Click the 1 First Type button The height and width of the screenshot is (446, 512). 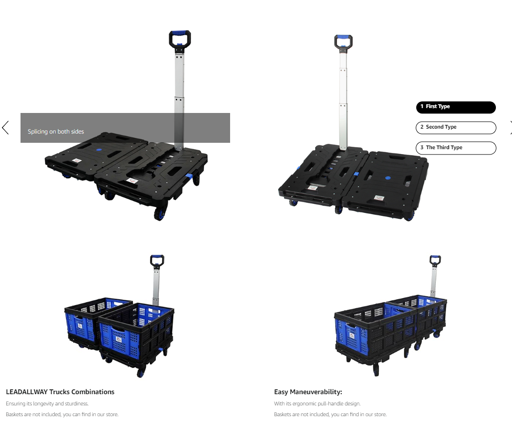pos(456,107)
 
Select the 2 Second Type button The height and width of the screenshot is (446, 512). pos(456,128)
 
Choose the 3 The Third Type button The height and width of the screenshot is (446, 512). pos(456,148)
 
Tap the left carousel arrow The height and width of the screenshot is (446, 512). pos(5,128)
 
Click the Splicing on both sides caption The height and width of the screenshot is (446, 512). pos(56,132)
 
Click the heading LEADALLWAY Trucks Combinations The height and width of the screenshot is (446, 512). pos(60,392)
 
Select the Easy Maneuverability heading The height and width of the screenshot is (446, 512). pos(308,392)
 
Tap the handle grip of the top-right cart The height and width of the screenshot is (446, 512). pos(343,37)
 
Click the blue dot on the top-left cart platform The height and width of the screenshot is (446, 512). pos(99,150)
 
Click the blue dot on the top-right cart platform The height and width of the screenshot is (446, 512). pos(387,178)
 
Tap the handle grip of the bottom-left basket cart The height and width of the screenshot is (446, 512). pos(157,257)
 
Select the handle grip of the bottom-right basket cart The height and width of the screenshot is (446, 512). pos(435,257)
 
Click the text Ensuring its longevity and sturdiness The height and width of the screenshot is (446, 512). pos(47,403)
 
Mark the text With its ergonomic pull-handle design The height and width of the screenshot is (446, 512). pos(318,403)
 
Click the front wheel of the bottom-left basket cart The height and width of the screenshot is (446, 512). pos(141,373)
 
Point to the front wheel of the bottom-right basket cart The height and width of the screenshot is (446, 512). pos(376,370)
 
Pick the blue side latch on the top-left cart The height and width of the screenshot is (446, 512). pos(189,177)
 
